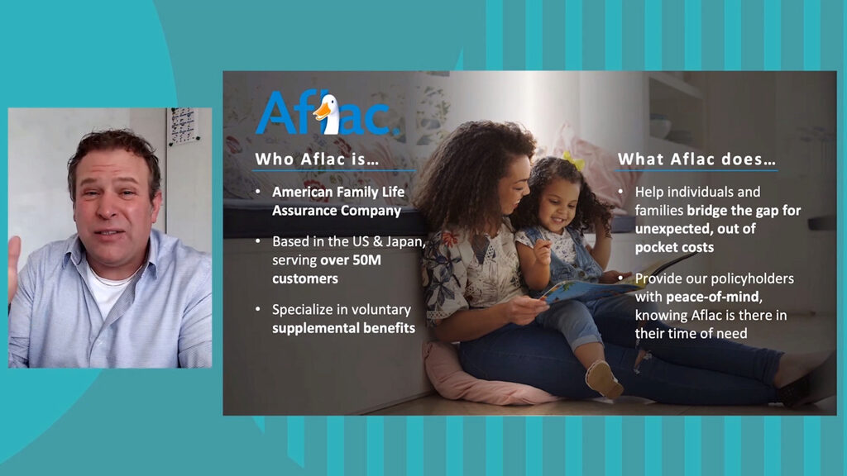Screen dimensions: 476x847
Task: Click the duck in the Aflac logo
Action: tap(328, 113)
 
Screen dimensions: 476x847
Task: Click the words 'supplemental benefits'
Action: tap(343, 328)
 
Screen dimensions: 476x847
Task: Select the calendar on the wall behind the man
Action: tap(183, 126)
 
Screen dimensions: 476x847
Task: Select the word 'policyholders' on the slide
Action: tap(754, 278)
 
